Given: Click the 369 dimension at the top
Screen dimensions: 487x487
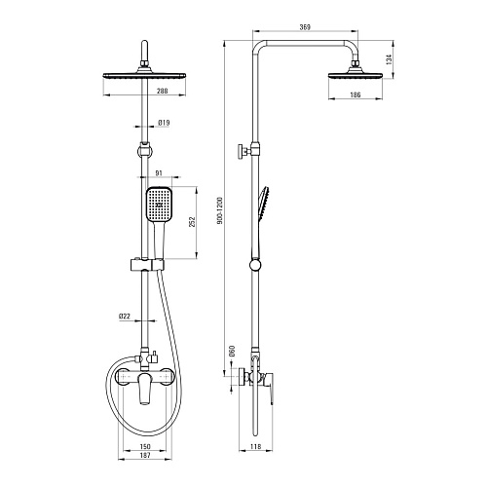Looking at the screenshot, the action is pyautogui.click(x=305, y=27).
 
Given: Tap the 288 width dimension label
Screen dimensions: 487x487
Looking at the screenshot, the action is pyautogui.click(x=163, y=92).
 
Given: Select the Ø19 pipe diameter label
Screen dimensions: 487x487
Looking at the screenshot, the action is pyautogui.click(x=164, y=123).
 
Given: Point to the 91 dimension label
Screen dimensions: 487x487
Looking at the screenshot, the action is pyautogui.click(x=159, y=173).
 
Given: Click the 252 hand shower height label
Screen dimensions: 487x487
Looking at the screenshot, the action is pyautogui.click(x=192, y=222).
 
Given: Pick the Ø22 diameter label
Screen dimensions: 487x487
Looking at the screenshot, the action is pyautogui.click(x=125, y=316).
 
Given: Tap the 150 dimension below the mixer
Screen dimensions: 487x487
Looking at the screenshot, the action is pyautogui.click(x=145, y=447).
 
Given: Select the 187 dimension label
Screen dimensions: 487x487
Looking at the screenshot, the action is pyautogui.click(x=145, y=455).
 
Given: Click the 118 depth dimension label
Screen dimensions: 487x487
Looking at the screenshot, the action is pyautogui.click(x=256, y=447).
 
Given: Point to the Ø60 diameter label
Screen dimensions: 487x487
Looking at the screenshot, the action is pyautogui.click(x=232, y=351).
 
